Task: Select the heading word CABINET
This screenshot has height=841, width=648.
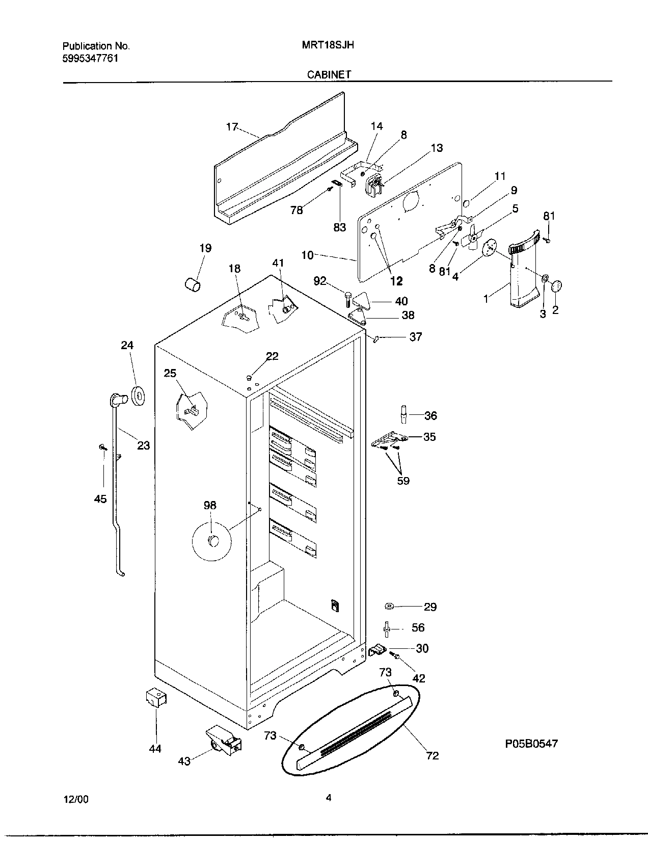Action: point(329,74)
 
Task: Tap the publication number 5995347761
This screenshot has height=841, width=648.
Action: point(90,58)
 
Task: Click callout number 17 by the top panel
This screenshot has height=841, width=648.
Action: point(232,126)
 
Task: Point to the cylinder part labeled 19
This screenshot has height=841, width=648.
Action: point(192,284)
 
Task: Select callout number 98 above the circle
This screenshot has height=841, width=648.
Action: point(210,505)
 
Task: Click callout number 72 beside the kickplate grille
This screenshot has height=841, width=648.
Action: point(432,755)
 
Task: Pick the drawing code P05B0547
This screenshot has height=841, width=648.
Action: point(531,744)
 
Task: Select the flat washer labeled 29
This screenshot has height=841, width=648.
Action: point(390,606)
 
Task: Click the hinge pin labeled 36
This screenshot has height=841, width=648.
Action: point(403,414)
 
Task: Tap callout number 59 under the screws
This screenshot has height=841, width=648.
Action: point(403,481)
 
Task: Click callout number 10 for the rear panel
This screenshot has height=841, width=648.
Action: point(307,255)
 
